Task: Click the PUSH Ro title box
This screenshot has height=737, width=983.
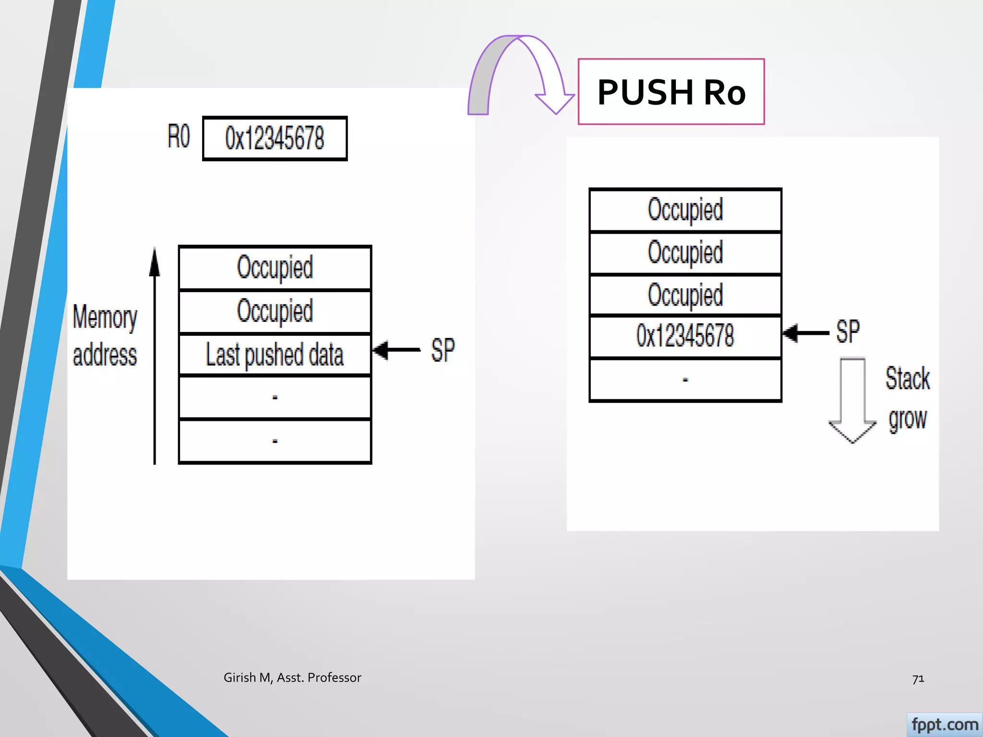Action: (x=671, y=92)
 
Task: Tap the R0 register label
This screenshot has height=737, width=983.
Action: (x=179, y=136)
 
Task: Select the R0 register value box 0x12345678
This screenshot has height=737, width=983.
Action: (x=275, y=138)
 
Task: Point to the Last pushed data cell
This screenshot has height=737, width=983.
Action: (x=275, y=355)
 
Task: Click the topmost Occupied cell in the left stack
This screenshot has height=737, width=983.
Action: (x=275, y=267)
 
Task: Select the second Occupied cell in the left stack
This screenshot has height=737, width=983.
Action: (x=275, y=311)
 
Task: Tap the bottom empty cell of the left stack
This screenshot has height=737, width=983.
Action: (x=275, y=441)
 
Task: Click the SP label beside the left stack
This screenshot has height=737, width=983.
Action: (x=443, y=350)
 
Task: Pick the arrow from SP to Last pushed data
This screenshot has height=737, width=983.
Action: (x=396, y=350)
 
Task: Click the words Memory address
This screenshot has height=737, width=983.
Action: (x=105, y=336)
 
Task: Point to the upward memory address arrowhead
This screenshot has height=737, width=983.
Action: (x=155, y=262)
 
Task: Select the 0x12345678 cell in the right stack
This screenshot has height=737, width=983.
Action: (x=685, y=336)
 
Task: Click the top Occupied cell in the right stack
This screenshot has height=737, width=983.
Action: (x=685, y=210)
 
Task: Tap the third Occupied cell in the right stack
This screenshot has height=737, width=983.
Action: (x=685, y=295)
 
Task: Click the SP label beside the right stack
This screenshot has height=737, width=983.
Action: (x=848, y=332)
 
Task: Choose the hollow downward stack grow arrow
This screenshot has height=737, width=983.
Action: (x=852, y=401)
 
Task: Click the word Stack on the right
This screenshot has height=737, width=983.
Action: (x=907, y=378)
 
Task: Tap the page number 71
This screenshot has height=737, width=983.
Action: (x=918, y=678)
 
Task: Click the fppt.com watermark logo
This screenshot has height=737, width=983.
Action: (x=944, y=725)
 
